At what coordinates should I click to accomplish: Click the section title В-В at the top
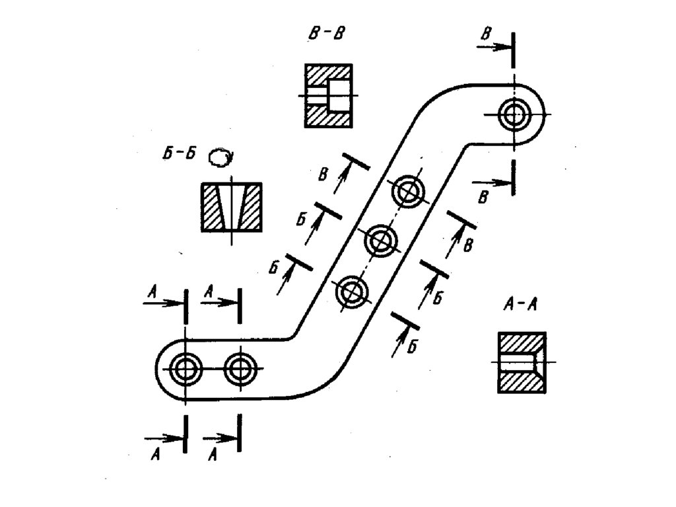[326, 33]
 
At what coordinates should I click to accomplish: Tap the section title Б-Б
[180, 154]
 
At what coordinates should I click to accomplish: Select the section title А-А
[520, 305]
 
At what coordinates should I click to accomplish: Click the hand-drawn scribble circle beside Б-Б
[220, 157]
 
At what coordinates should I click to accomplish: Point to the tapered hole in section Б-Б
[232, 207]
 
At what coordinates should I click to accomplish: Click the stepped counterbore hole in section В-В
[329, 95]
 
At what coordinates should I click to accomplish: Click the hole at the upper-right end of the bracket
[514, 114]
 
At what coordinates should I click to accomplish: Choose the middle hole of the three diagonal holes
[380, 241]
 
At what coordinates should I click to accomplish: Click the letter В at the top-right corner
[486, 33]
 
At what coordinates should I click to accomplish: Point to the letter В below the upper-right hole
[483, 197]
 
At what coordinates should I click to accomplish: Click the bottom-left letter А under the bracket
[154, 454]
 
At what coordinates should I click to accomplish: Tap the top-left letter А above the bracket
[151, 292]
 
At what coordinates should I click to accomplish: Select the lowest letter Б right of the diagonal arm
[413, 346]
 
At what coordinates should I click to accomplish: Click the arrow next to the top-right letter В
[493, 47]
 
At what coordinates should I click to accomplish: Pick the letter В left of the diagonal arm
[323, 175]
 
